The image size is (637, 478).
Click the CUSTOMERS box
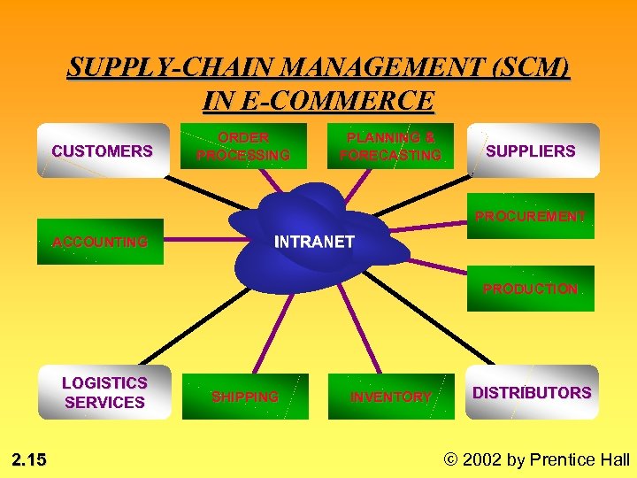[x=103, y=150]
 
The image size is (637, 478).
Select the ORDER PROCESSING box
[x=243, y=146]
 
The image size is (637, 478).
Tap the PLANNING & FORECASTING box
[x=390, y=146]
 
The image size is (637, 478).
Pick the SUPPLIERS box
[x=532, y=150]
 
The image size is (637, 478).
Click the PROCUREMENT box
[x=531, y=216]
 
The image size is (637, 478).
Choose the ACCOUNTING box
[x=100, y=242]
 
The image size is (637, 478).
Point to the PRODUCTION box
[x=531, y=289]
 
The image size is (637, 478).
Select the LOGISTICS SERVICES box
[x=104, y=392]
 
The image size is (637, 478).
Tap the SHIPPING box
[x=245, y=397]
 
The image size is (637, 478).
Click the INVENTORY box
[x=391, y=397]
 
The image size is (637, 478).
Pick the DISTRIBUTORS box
[x=532, y=392]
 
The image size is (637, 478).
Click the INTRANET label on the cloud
[x=315, y=242]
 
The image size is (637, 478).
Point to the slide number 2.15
[x=30, y=459]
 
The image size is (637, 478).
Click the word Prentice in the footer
[x=563, y=459]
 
